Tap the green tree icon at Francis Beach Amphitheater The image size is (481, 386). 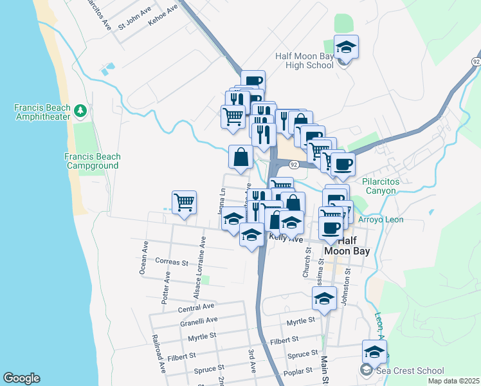pyautogui.click(x=80, y=111)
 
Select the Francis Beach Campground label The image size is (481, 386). pyautogui.click(x=92, y=161)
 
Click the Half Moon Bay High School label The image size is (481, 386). pyautogui.click(x=304, y=60)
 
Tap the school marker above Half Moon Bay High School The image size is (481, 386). pyautogui.click(x=346, y=48)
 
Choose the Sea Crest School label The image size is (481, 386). pyautogui.click(x=410, y=370)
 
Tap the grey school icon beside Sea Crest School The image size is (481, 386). pyautogui.click(x=367, y=370)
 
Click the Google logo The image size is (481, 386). pyautogui.click(x=21, y=378)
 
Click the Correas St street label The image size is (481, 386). pyautogui.click(x=171, y=262)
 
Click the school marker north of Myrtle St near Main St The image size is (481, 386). pyautogui.click(x=325, y=299)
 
